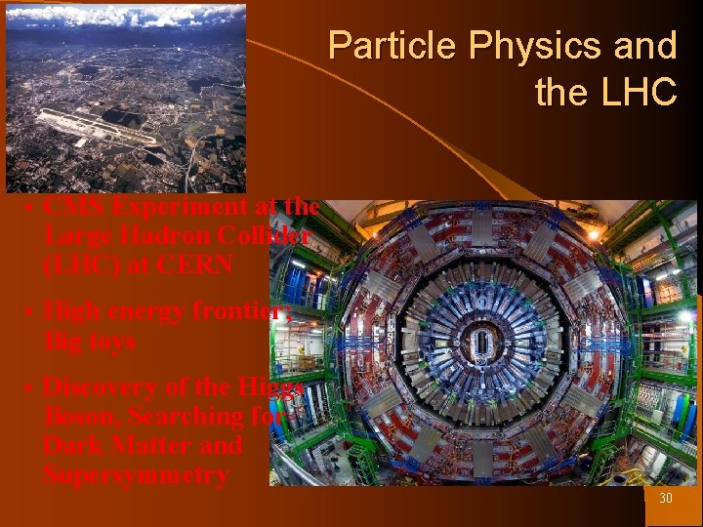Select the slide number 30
tap(666, 499)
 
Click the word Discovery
tap(106, 386)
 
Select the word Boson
tap(79, 417)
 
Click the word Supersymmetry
tap(136, 475)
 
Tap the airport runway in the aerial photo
tap(98, 128)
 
